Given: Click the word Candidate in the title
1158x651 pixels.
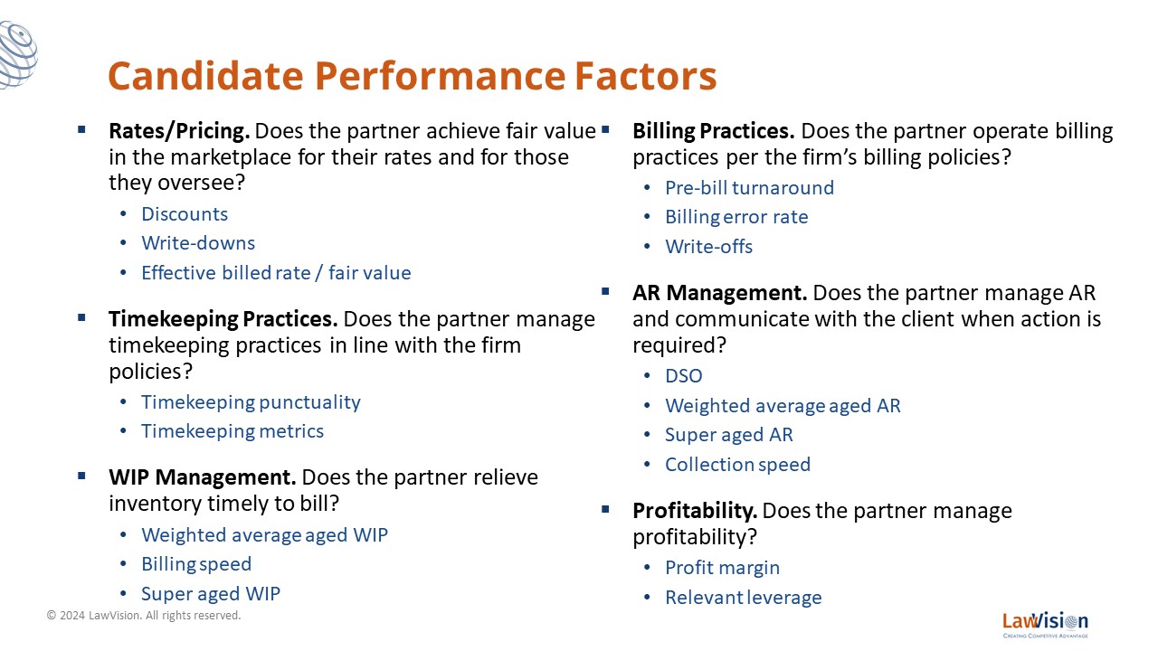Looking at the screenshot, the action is [205, 76].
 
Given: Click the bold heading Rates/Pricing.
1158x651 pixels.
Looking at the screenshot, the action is [179, 131].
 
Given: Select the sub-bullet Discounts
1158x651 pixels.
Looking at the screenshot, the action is [185, 214].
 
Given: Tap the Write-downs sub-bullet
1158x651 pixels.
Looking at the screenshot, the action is [198, 243].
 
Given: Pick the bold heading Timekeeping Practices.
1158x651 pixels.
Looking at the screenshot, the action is [223, 320].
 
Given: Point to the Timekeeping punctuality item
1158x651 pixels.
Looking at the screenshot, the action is [252, 402].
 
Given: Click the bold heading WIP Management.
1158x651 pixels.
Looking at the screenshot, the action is [202, 476].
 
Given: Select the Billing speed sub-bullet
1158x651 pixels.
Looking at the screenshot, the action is [196, 564].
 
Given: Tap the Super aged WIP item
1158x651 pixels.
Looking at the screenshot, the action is [211, 594].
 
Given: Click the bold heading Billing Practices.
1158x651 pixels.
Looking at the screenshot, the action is [714, 131].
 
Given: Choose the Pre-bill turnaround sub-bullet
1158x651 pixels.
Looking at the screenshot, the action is [750, 187].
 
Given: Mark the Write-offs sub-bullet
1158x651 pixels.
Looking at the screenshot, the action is [708, 247].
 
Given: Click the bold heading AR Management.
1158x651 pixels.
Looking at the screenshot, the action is [719, 293].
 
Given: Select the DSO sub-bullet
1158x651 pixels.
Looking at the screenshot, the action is [684, 375].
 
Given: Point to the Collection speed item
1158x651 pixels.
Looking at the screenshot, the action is [737, 465].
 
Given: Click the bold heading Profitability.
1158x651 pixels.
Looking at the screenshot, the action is [695, 511].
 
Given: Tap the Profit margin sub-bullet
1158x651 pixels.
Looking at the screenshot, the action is [722, 568].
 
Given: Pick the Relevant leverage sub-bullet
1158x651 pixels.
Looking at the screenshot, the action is [744, 598].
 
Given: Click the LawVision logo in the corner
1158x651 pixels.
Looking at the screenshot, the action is [1045, 625].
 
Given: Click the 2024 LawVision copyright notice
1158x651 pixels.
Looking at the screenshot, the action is [144, 616].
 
